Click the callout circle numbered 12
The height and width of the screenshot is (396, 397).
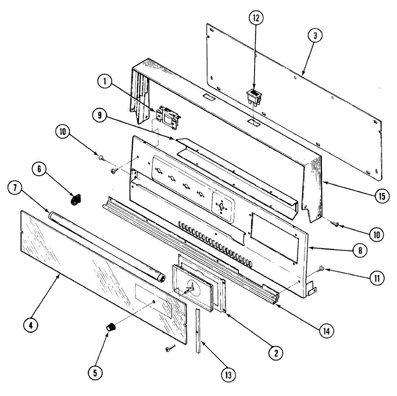[x=257, y=19]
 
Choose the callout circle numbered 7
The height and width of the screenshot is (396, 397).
[x=15, y=188]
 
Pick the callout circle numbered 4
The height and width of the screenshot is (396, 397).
[x=30, y=325]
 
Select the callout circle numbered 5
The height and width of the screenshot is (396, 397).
[x=95, y=373]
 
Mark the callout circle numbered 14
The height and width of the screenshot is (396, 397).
[x=327, y=330]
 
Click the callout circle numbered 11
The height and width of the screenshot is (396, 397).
[x=377, y=277]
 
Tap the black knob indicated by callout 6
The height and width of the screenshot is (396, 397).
[x=76, y=200]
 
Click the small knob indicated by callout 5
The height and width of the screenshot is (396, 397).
[x=111, y=327]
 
